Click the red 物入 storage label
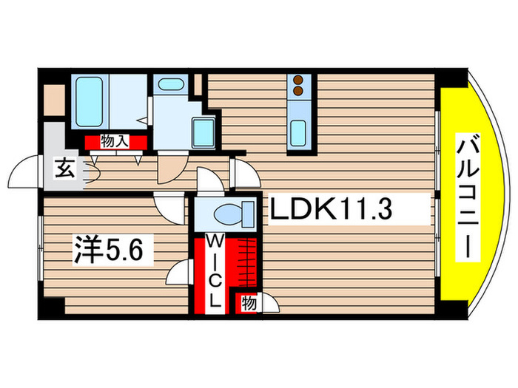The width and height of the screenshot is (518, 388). [115, 141]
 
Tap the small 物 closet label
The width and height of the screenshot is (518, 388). [249, 302]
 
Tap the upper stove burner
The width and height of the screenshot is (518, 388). [299, 80]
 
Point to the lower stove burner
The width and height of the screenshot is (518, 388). [299, 92]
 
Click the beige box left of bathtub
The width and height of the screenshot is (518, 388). [55, 100]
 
